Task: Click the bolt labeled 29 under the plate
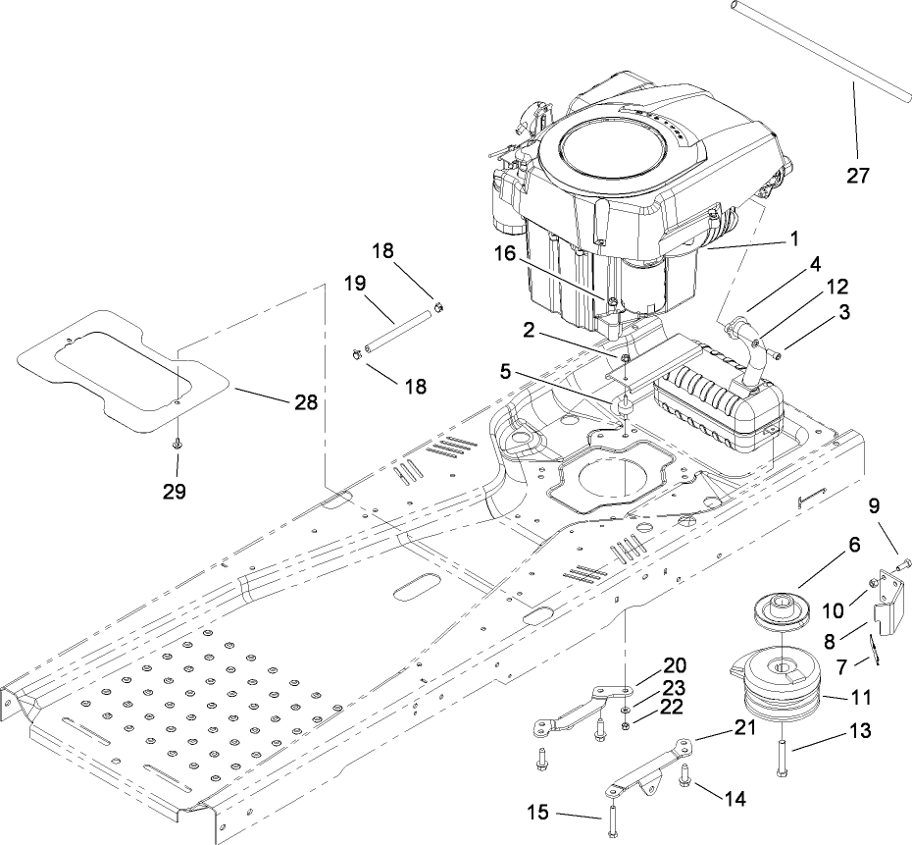click(x=177, y=445)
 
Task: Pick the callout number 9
click(x=874, y=507)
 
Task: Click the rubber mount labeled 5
click(x=623, y=403)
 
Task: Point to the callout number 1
click(x=795, y=238)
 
